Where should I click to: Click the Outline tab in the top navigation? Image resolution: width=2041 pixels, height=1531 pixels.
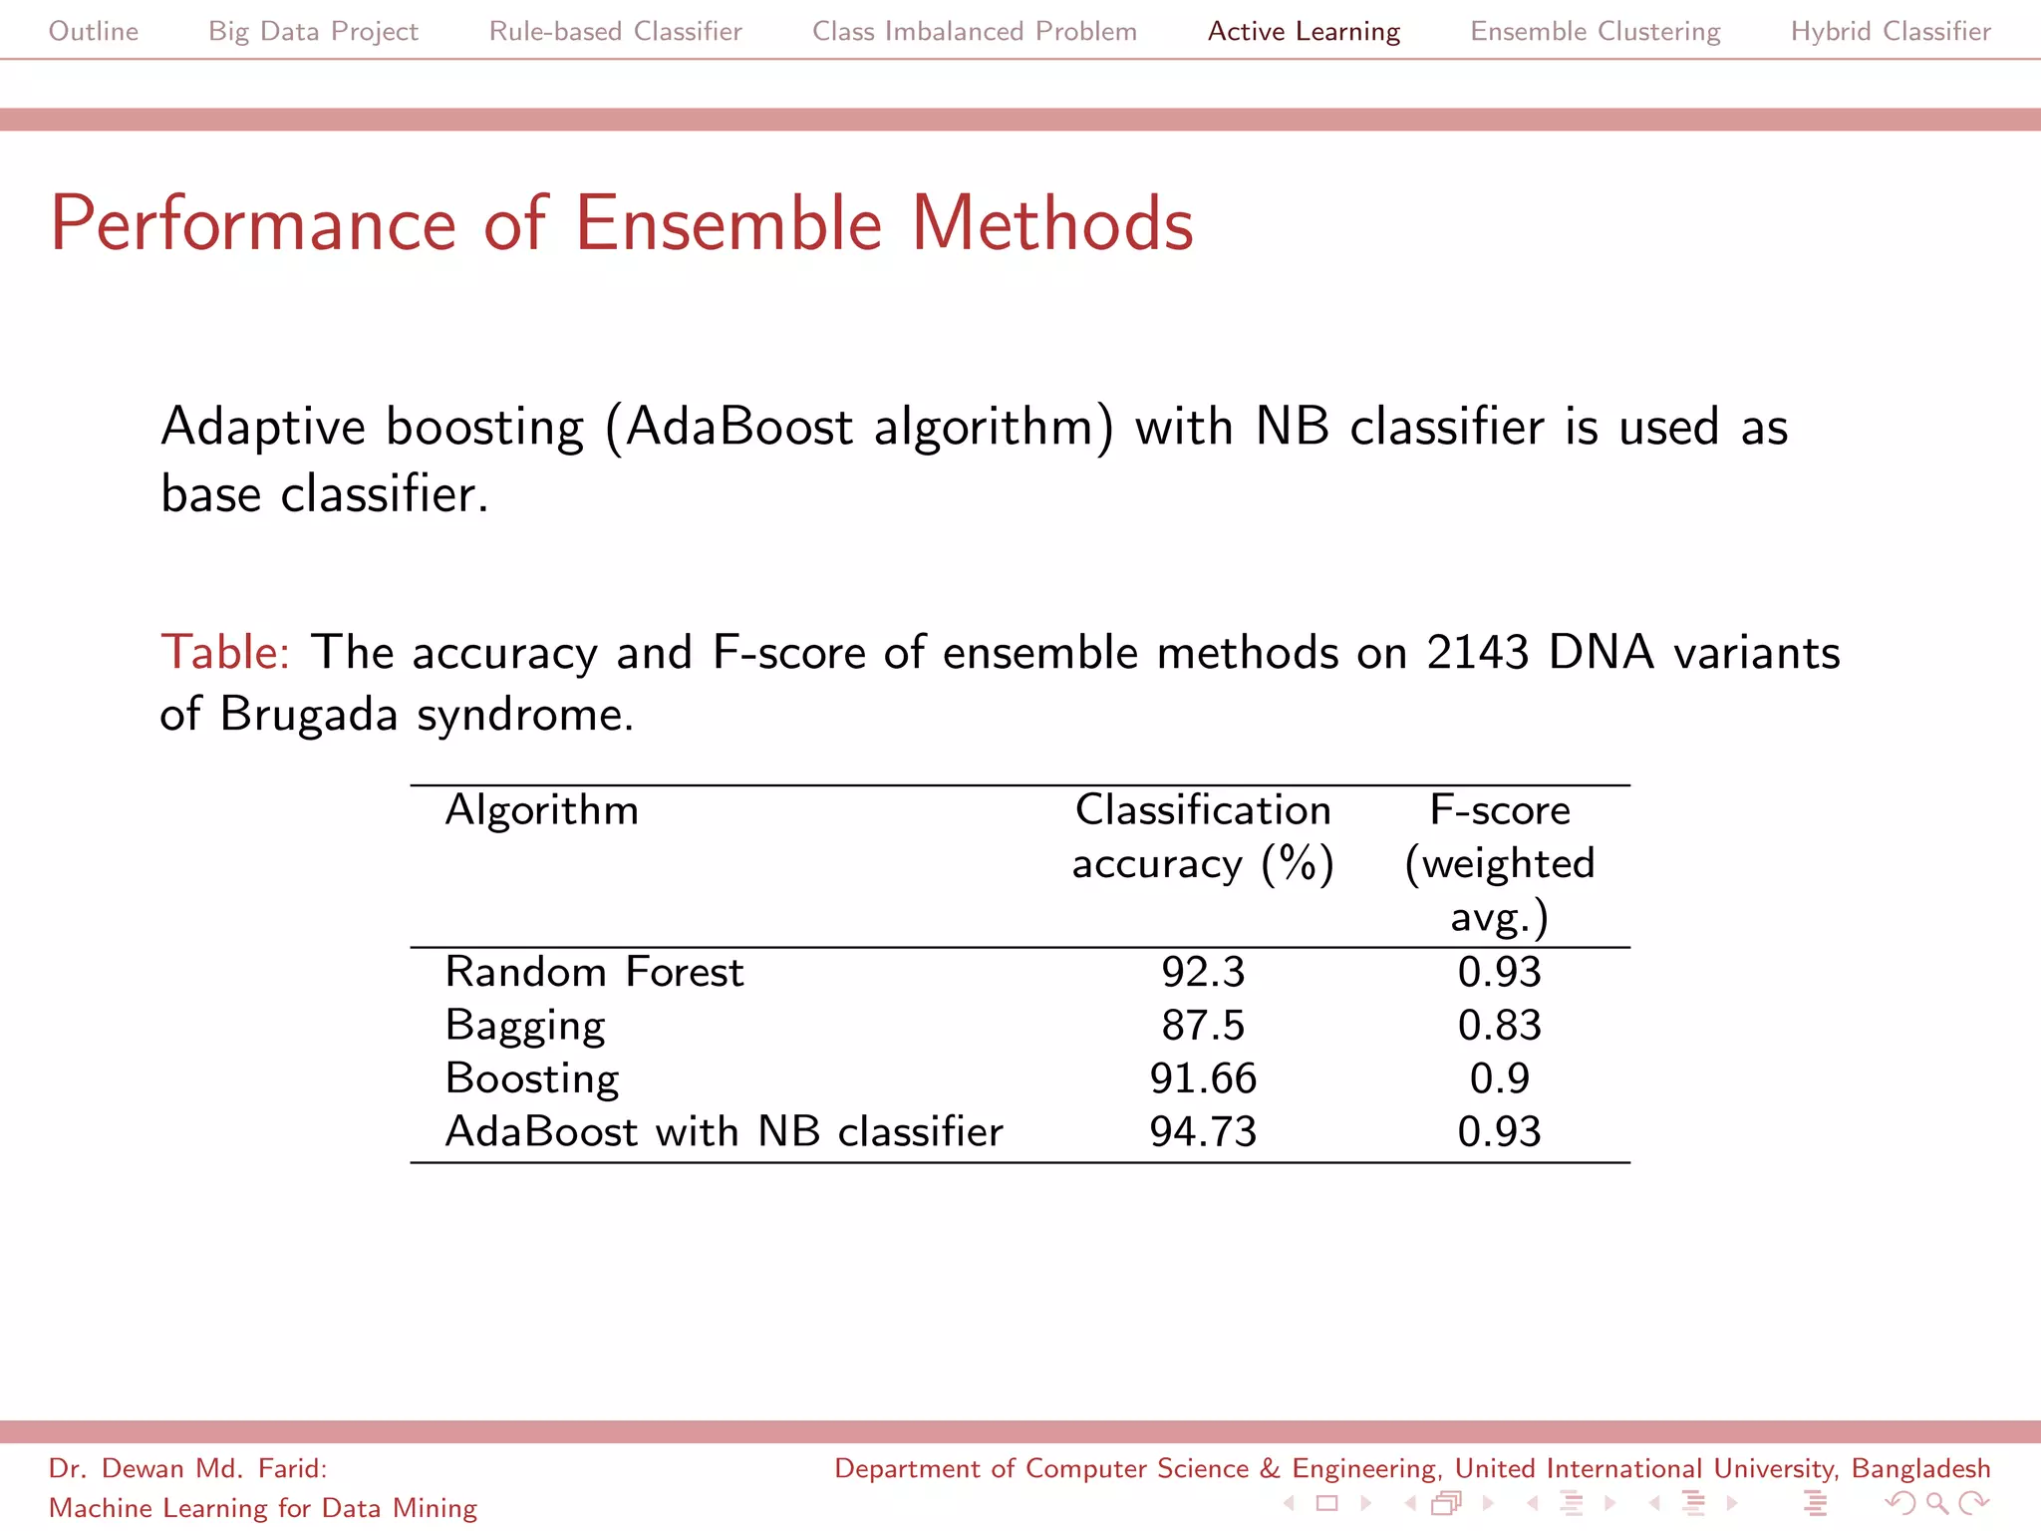point(94,32)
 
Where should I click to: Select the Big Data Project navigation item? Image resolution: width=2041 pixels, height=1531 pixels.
point(313,32)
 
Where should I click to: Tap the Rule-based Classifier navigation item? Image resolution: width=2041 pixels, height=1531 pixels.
point(615,32)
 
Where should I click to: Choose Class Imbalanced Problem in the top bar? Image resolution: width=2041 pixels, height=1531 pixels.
point(974,32)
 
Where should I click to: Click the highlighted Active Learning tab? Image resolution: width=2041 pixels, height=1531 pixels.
point(1304,32)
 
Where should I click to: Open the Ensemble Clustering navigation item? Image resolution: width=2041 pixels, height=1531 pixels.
point(1595,32)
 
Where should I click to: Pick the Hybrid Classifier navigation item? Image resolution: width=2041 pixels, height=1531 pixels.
point(1891,32)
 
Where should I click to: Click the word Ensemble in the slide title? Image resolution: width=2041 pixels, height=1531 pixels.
point(729,223)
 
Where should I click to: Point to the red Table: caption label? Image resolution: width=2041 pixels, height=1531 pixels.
point(225,653)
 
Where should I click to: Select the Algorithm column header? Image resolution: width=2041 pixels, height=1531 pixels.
point(541,810)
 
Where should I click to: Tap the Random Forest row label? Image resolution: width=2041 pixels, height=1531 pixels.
point(594,972)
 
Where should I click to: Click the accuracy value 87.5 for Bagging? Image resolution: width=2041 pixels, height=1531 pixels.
point(1203,1026)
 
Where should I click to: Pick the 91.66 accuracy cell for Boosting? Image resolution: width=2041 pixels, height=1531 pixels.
point(1203,1078)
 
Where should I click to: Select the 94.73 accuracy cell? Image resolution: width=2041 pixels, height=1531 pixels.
point(1203,1132)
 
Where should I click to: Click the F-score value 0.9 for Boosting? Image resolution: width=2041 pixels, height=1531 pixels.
point(1499,1078)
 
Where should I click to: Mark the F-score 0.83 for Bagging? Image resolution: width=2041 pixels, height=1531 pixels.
point(1499,1026)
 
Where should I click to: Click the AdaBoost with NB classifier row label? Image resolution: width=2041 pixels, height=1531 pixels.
point(724,1132)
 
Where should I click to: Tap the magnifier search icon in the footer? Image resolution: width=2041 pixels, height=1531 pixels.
point(1936,1503)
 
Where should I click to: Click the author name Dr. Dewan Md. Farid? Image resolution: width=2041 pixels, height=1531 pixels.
point(187,1469)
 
